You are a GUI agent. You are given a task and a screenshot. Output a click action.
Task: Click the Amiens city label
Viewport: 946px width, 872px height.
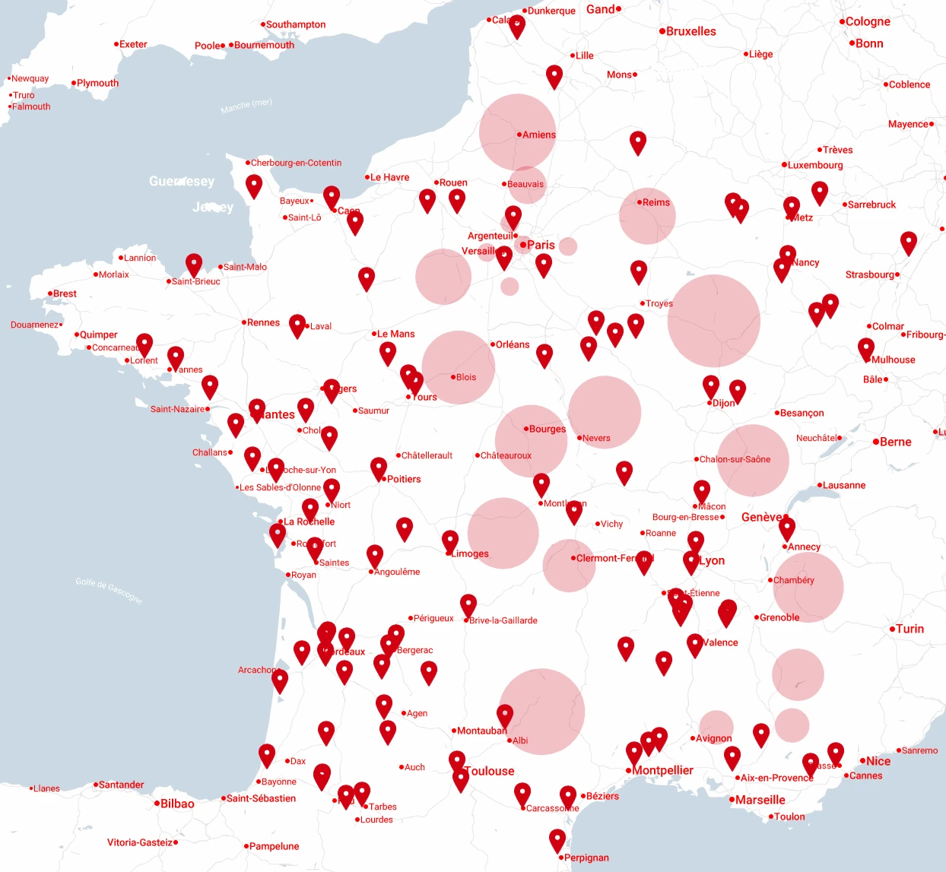pos(538,135)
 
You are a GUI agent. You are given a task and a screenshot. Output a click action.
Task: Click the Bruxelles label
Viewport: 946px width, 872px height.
pos(690,31)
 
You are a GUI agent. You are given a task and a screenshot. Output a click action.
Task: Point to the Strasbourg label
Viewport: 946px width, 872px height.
pos(870,274)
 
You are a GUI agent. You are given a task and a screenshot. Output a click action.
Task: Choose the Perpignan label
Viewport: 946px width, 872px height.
pos(586,858)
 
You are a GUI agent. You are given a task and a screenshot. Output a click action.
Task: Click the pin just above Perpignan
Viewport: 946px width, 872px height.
pos(557,839)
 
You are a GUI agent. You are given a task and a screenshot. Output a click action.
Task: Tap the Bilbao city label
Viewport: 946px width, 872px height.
pos(177,804)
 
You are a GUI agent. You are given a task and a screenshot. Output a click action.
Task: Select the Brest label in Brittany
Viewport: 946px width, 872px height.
pos(65,293)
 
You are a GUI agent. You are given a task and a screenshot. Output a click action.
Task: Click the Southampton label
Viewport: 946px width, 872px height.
pos(295,24)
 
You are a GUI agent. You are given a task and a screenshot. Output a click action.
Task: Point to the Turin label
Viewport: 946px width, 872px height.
pos(909,629)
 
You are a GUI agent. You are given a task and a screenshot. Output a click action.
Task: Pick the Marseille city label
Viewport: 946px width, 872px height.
pos(760,800)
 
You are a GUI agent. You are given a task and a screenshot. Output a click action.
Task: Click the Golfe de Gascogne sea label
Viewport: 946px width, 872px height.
pos(109,591)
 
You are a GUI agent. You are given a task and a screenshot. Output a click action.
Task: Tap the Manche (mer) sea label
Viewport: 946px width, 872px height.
pos(246,106)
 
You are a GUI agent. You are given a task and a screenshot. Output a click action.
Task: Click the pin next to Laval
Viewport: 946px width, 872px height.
pos(297,325)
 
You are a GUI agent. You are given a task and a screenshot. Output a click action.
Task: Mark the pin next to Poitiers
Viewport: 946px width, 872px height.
pos(379,468)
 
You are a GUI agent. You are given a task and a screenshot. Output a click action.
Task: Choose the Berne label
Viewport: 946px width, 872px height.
pos(895,442)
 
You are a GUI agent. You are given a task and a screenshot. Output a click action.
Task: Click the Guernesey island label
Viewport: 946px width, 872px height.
pos(182,181)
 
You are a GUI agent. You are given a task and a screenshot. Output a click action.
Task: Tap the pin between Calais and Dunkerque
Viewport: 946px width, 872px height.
pos(517,25)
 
